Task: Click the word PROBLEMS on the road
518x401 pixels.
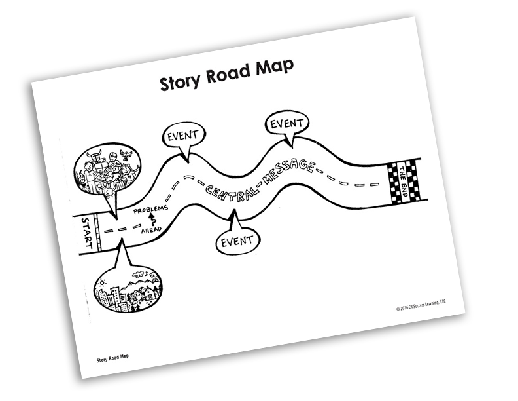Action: [x=150, y=209]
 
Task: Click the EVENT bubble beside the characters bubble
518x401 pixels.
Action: [x=184, y=138]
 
